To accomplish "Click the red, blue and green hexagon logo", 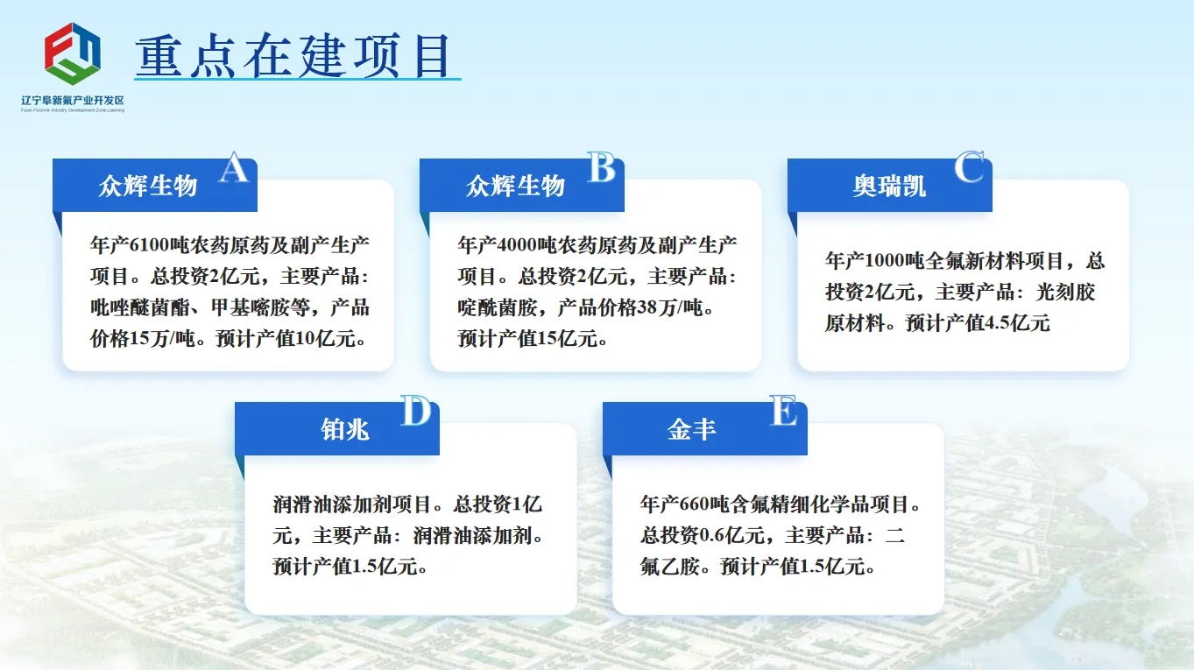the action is coord(73,53).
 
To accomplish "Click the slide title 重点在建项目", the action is coord(294,55).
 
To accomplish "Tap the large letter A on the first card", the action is coord(234,167).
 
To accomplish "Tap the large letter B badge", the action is coord(601,167).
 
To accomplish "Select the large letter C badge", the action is coord(969,167).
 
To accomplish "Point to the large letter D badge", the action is coord(416,411).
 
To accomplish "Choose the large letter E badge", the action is coord(784,411).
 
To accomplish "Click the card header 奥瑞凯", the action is coord(889,186).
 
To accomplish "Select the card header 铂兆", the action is coord(345,430).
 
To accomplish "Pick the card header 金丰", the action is coord(691,430).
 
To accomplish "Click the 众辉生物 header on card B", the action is coord(515,186).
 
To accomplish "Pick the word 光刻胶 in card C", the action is coord(1065,292).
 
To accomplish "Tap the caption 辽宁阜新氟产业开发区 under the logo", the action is coord(73,100).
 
